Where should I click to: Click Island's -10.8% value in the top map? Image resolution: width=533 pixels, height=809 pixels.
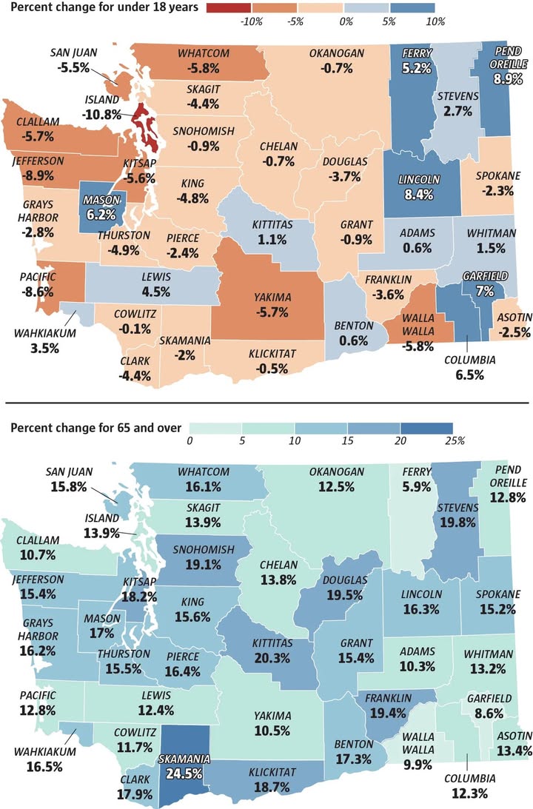point(101,114)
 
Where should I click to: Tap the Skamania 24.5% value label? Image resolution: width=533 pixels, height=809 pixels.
point(184,774)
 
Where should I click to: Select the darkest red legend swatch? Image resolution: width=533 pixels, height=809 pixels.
point(229,7)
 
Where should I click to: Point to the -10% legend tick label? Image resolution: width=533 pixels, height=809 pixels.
point(251,21)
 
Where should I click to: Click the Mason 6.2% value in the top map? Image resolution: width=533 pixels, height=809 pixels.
point(101,214)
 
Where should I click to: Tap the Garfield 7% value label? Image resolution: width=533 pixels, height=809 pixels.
point(485,291)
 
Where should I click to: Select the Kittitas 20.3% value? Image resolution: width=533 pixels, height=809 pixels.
point(272,658)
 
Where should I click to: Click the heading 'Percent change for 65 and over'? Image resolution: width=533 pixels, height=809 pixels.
point(96,428)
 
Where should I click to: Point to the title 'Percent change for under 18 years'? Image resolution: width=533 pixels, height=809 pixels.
point(104,7)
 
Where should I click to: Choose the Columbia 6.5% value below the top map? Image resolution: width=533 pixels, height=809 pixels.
point(469,375)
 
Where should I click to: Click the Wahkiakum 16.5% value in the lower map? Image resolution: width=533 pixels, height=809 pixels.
point(44,767)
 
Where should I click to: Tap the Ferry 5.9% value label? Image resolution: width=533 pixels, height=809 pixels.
point(416,486)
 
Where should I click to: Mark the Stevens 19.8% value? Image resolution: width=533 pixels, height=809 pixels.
point(457,523)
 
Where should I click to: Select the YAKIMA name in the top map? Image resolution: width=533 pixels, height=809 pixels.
point(272,298)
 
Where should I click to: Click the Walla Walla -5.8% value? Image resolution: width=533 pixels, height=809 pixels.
point(418,346)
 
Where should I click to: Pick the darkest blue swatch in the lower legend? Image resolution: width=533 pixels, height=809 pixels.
point(426,429)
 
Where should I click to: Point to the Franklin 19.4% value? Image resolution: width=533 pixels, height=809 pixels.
point(388,714)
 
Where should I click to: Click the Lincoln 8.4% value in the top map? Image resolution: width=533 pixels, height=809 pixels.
point(419,195)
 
